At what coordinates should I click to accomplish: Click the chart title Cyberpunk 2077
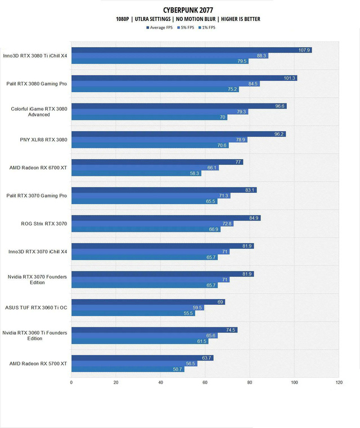click(x=180, y=10)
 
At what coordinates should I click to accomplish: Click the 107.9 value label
click(x=304, y=50)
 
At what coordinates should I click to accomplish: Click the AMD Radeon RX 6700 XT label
click(x=39, y=168)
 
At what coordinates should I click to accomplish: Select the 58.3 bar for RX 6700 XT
click(x=136, y=173)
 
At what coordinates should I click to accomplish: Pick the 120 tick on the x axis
click(x=338, y=383)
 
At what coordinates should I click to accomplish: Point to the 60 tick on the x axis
click(x=205, y=383)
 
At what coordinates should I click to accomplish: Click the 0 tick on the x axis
click(x=71, y=383)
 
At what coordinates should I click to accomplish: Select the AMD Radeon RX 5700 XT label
click(x=39, y=364)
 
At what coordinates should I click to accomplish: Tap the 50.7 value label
click(x=177, y=370)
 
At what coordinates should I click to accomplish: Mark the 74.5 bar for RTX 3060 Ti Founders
click(x=154, y=330)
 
